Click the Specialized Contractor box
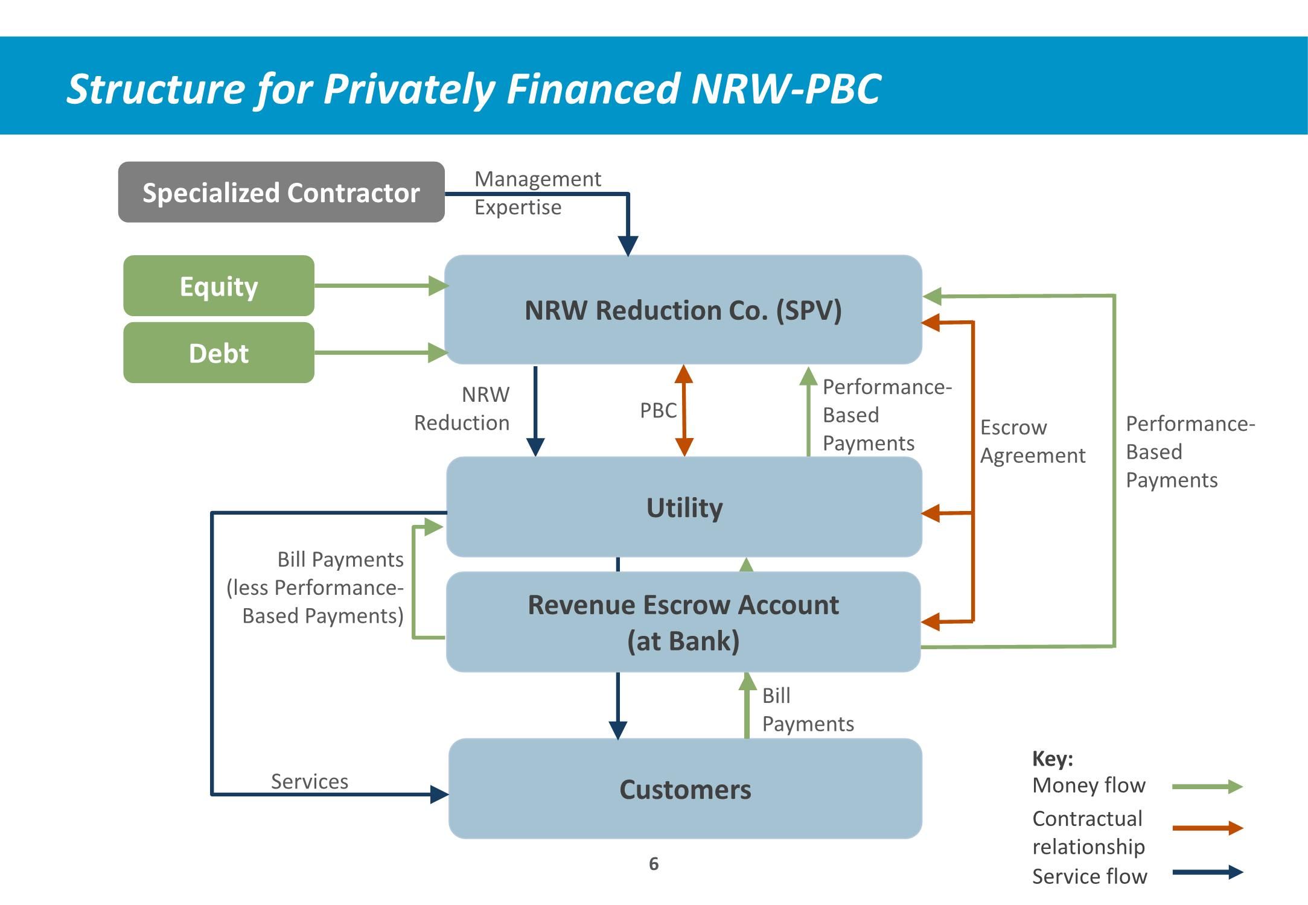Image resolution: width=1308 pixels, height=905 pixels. (281, 192)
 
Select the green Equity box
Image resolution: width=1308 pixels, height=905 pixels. (219, 286)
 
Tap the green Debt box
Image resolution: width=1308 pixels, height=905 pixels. (219, 353)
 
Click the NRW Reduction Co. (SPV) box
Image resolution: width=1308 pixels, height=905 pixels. (683, 310)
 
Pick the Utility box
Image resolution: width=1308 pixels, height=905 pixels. (684, 507)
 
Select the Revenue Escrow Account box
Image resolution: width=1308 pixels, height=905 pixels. (683, 622)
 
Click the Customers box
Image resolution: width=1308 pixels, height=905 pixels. (685, 789)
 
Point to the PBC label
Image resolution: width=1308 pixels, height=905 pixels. (658, 410)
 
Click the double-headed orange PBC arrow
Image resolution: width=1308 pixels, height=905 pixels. (684, 410)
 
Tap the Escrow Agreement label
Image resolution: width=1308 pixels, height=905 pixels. (1032, 441)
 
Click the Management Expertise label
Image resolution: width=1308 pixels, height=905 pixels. (537, 192)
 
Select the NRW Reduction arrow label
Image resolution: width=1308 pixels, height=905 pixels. (462, 408)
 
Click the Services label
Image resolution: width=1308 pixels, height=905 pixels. (310, 781)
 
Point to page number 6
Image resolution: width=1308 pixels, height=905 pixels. (654, 864)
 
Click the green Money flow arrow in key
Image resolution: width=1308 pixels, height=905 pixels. (1207, 787)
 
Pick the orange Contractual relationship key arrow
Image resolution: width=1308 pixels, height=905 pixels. (1207, 828)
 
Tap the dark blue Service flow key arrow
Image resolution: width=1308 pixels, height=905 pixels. (1207, 872)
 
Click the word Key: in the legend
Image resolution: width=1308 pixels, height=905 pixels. (1053, 758)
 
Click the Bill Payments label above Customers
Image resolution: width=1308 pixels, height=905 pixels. (808, 710)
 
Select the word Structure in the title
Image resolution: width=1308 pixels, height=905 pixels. (156, 89)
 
